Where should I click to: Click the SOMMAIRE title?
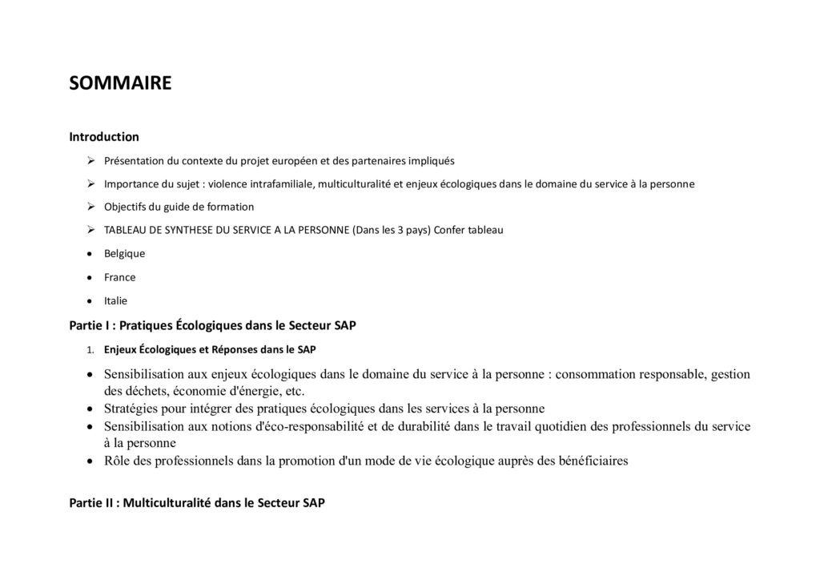click(120, 83)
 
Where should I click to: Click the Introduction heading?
click(104, 137)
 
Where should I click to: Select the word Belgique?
click(124, 253)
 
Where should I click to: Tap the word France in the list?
click(119, 277)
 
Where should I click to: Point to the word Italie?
click(115, 301)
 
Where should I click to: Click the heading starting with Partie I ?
click(212, 325)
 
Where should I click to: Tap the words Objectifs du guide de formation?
click(179, 207)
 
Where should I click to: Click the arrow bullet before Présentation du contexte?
click(92, 159)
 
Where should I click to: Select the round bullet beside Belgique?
click(92, 253)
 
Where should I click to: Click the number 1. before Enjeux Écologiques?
click(91, 349)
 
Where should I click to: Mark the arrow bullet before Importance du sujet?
click(92, 183)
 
